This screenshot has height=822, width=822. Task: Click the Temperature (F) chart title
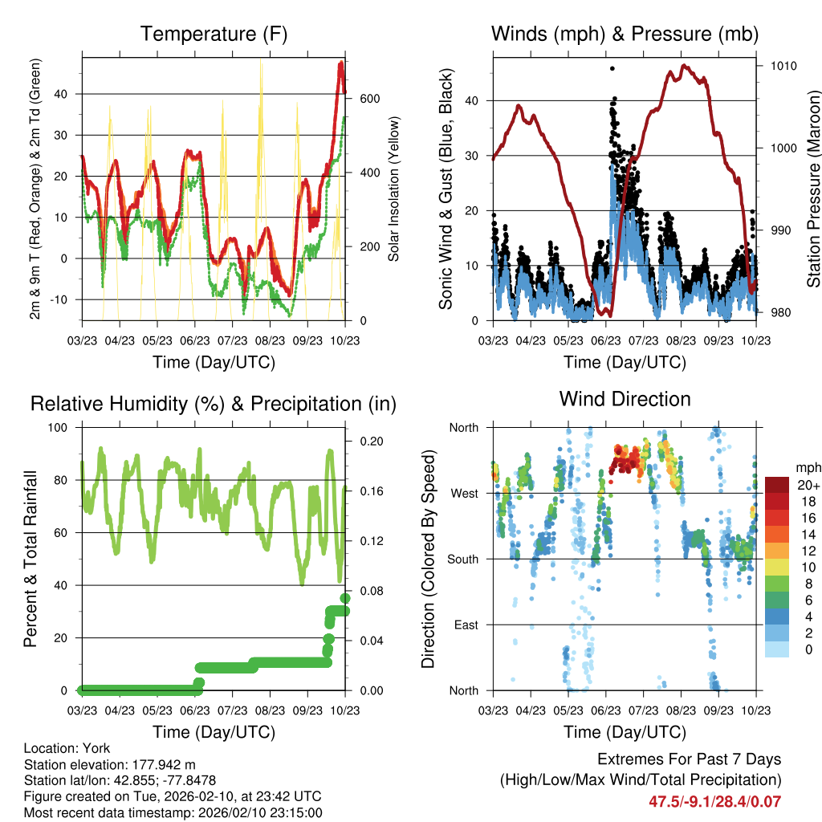pos(214,34)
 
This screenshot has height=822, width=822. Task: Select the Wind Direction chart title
pos(625,398)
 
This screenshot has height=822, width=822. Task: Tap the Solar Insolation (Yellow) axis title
pos(393,189)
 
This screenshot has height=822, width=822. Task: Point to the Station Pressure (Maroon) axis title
pos(813,189)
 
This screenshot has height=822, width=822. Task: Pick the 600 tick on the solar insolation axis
pos(368,99)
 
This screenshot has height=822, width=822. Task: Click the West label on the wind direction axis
pos(464,493)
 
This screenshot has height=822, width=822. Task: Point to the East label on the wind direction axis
pos(466,625)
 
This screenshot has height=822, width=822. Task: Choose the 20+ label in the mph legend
pos(806,486)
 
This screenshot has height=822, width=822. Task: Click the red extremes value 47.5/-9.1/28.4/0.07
pos(714,801)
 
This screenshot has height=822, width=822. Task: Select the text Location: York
pos(67,748)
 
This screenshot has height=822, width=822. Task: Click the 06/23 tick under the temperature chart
pos(194,340)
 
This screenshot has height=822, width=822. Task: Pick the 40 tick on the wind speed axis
pos(474,100)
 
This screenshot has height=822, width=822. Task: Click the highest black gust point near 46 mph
pos(612,69)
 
